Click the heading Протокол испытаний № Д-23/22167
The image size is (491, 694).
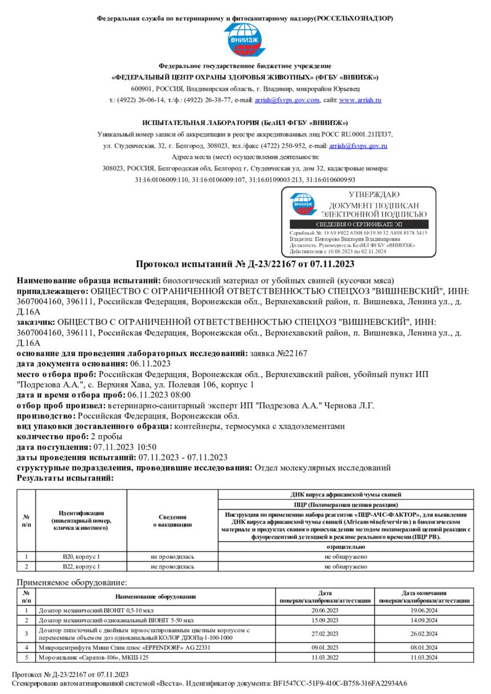click(245, 264)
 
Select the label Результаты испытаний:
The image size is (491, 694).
click(65, 478)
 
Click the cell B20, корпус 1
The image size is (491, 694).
click(81, 556)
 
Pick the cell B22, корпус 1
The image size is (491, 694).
click(81, 567)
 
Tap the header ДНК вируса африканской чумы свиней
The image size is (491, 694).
click(346, 494)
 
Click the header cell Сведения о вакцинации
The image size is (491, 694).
click(172, 520)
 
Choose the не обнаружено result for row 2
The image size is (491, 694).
click(346, 567)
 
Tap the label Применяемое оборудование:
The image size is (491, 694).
click(72, 582)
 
